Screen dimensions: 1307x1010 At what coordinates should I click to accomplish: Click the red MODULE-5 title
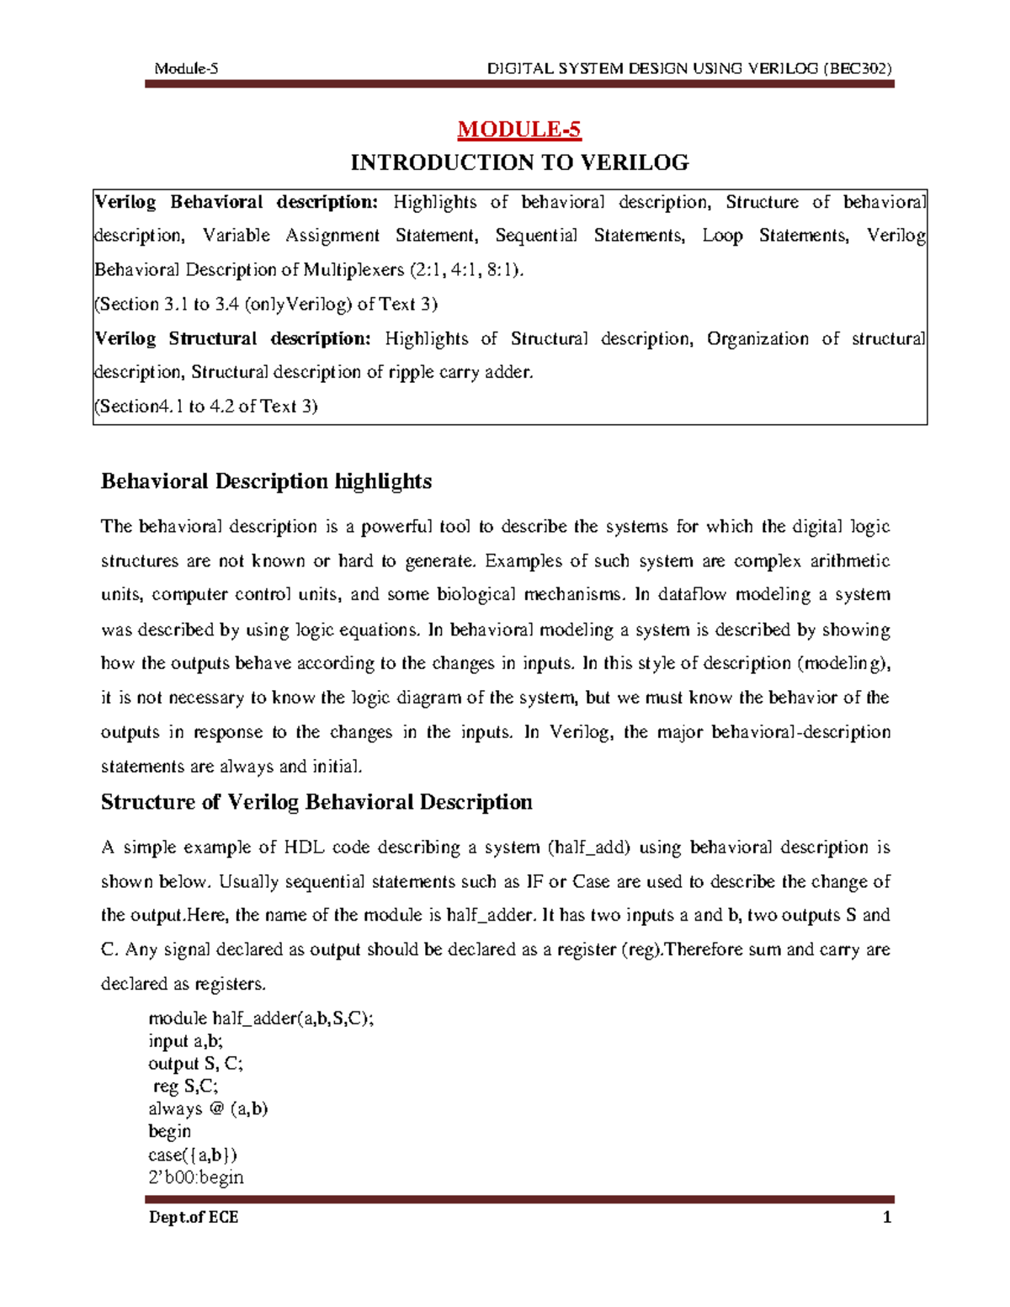coord(518,130)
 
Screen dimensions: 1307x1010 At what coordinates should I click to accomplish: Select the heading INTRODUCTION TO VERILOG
coord(519,162)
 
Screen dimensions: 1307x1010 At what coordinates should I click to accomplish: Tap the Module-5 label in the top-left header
coord(186,69)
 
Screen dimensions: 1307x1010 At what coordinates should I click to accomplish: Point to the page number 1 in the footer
coord(886,1217)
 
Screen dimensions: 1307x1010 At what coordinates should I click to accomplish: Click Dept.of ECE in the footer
coord(193,1217)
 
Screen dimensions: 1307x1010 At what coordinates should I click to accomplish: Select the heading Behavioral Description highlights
coord(266,481)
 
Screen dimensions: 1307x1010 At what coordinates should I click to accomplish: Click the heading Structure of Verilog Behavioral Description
coord(316,802)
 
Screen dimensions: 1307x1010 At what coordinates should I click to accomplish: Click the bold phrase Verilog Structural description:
coord(232,338)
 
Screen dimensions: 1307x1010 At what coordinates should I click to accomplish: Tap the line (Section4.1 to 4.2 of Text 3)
coord(206,406)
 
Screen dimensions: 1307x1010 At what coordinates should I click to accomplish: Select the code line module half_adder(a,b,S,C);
coord(261,1018)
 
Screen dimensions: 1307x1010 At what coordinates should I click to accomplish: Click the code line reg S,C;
coord(184,1087)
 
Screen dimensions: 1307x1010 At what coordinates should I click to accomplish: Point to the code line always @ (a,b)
coord(208,1109)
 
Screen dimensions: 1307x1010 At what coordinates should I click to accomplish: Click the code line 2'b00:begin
coord(195,1177)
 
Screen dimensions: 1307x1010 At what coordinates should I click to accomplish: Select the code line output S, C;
coord(195,1064)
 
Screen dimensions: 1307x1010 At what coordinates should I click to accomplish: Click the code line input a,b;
coord(185,1041)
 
